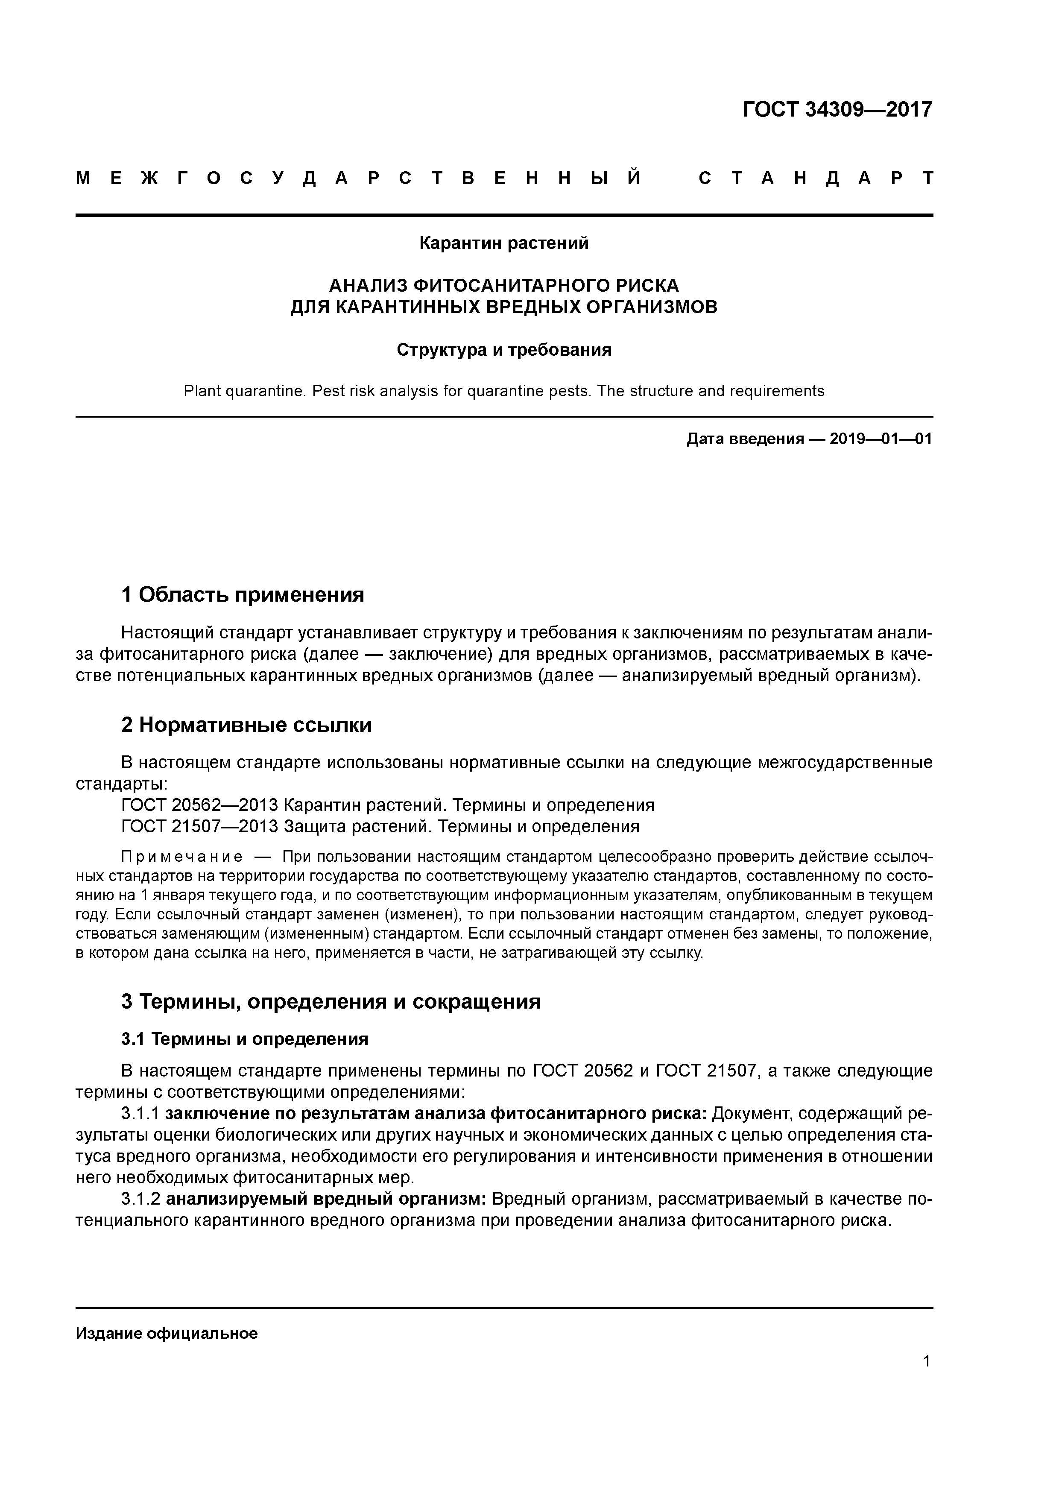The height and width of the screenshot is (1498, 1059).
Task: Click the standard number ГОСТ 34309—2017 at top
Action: click(837, 110)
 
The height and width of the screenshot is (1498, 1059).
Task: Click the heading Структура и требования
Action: click(504, 350)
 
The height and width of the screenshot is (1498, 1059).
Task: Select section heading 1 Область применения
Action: click(242, 594)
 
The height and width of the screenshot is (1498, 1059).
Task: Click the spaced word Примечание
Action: click(182, 857)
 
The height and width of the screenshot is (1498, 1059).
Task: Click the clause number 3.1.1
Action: click(140, 1113)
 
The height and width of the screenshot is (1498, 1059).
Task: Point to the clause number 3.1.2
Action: click(140, 1199)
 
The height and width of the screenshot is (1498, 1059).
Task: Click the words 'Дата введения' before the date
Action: click(744, 439)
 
